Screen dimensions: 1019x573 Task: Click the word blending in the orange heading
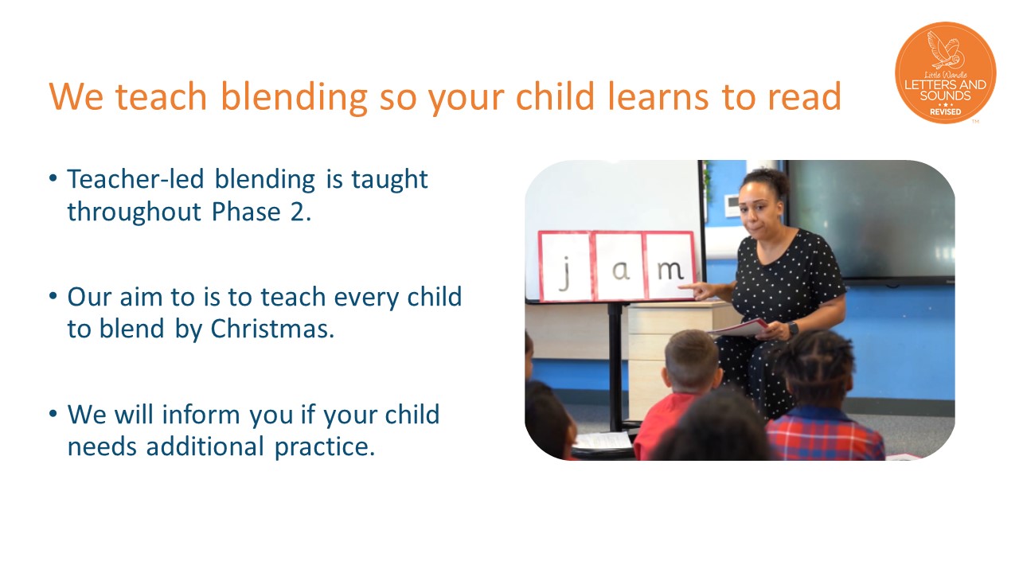pos(294,96)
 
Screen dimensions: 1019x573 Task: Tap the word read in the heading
pos(804,96)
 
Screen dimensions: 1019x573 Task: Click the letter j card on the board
pos(565,267)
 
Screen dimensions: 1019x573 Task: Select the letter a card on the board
pos(619,266)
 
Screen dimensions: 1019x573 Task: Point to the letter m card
pos(670,266)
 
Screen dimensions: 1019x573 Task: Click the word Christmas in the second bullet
pos(272,329)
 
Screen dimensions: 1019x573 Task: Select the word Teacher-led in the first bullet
pos(135,179)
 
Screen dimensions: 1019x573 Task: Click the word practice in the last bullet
pos(324,447)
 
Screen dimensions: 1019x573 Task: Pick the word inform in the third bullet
pos(201,415)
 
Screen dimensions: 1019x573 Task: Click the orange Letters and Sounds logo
pos(945,72)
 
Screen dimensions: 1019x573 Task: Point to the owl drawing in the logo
pos(945,50)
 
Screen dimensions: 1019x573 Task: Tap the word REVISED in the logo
pos(945,112)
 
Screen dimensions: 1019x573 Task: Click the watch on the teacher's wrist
pos(793,329)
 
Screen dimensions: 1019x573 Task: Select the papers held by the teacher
pos(739,329)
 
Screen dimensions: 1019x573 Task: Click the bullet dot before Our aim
pos(53,296)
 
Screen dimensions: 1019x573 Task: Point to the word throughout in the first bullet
pos(135,212)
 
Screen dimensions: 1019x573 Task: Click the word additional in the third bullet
pos(205,446)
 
